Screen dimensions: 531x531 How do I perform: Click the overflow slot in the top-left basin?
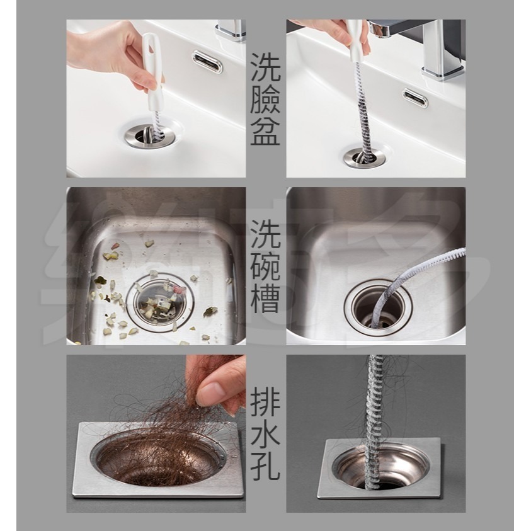pyautogui.click(x=207, y=62)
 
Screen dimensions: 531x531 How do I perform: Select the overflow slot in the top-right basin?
pyautogui.click(x=415, y=98)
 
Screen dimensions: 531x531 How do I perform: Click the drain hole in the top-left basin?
pyautogui.click(x=148, y=136)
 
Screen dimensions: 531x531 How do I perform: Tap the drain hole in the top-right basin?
pyautogui.click(x=365, y=156)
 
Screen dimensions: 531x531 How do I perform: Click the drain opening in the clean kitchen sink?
pyautogui.click(x=377, y=307)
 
